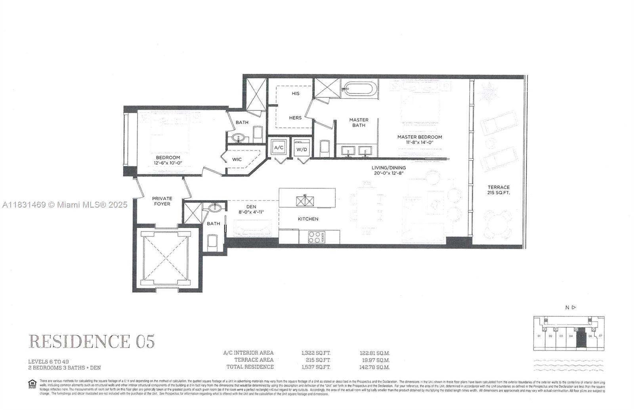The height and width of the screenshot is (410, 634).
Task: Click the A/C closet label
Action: [279, 148]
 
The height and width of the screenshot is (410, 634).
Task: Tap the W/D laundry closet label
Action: [302, 149]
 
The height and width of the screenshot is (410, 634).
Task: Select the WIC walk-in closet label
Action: [237, 160]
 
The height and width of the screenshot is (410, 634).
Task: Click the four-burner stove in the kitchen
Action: [316, 237]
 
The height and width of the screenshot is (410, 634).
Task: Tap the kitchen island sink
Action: [305, 200]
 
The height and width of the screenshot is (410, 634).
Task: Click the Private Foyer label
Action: [162, 201]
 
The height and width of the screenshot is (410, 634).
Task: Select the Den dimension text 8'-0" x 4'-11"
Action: [251, 212]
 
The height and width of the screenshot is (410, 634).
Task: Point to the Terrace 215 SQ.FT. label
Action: [498, 190]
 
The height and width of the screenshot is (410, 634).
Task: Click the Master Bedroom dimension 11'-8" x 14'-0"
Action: [420, 142]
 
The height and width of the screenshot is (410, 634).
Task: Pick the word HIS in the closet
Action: [296, 93]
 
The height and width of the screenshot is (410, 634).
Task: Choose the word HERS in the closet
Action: [295, 118]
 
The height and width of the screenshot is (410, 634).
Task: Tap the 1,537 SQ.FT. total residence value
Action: [315, 367]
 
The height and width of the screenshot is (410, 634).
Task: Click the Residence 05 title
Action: [92, 341]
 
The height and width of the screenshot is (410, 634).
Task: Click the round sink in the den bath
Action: [216, 208]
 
